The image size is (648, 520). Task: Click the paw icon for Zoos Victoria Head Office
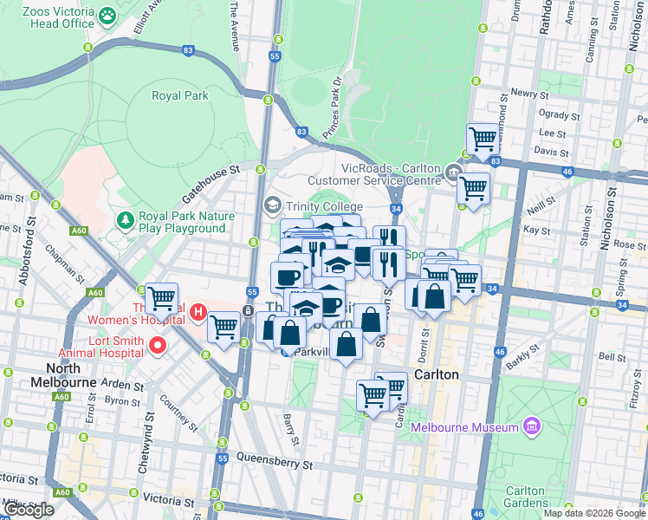[x=107, y=15]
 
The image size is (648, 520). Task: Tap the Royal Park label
[x=180, y=95]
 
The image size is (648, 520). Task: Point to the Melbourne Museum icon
[x=532, y=426]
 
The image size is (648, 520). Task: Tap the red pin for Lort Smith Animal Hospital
[x=157, y=346]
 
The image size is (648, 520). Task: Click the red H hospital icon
[x=198, y=311]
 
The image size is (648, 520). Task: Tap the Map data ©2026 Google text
[x=594, y=513]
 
